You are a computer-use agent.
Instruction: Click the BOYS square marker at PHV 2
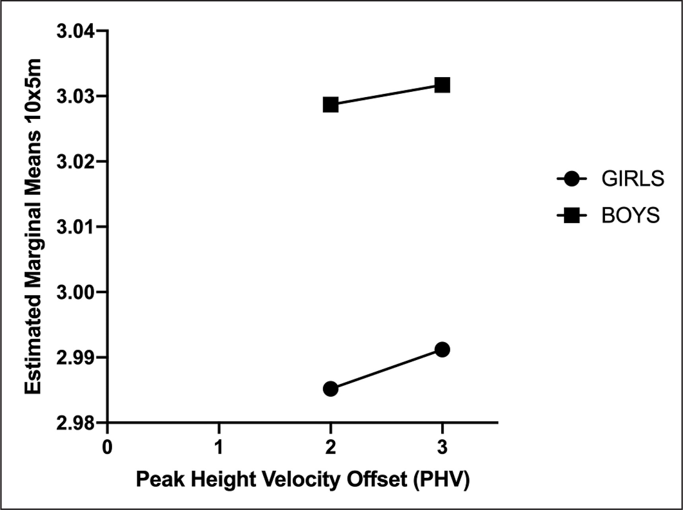(330, 105)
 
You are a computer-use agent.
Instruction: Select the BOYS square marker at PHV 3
(442, 85)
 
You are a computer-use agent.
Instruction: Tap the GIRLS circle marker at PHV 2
(330, 388)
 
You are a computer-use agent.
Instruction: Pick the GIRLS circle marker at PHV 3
(442, 350)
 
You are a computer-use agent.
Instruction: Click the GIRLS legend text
(633, 179)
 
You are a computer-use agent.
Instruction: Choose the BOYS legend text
(631, 216)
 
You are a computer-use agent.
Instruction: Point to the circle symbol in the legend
(572, 179)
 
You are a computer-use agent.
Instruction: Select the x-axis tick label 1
(219, 447)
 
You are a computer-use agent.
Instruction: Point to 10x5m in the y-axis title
(33, 89)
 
